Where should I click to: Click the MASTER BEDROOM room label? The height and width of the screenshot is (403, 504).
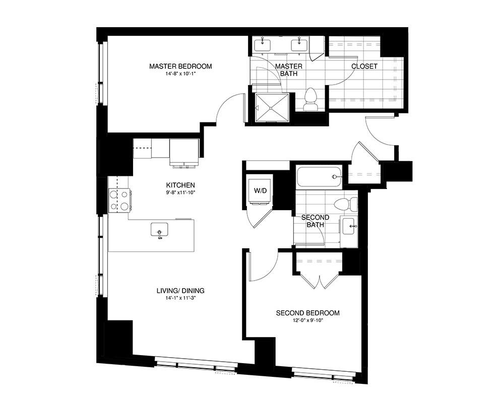coord(180,66)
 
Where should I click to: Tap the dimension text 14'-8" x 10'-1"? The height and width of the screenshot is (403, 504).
coord(180,74)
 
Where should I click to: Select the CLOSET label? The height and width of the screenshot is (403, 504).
coord(364,66)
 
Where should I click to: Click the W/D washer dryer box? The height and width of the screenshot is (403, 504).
coord(260,190)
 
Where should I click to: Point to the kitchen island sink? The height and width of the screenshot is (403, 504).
coord(159,230)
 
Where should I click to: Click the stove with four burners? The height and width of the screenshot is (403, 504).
coord(119,199)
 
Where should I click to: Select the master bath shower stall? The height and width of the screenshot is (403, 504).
coord(272,108)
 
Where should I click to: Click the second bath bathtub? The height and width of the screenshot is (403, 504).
coord(320,176)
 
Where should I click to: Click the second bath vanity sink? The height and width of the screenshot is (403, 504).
coord(348,226)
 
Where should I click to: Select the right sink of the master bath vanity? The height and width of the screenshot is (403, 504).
coord(299,44)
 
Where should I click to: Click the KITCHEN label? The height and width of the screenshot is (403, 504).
coord(180,185)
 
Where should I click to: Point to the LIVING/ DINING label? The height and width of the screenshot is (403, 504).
coord(180,291)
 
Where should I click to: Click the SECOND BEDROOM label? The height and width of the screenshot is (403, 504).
coord(307,313)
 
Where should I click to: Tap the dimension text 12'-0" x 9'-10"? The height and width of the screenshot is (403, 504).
coord(307,320)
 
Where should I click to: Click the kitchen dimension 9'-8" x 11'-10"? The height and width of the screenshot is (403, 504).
coord(180,192)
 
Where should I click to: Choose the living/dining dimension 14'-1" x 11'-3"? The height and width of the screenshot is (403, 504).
coord(180,298)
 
